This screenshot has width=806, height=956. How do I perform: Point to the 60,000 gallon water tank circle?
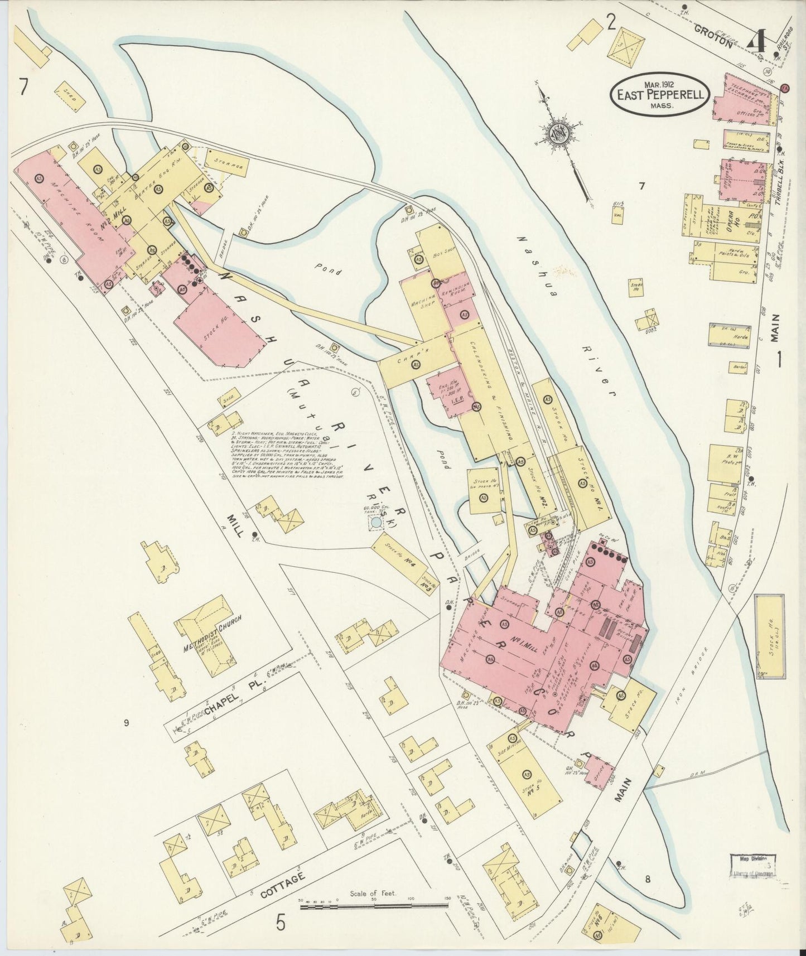(377, 522)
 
